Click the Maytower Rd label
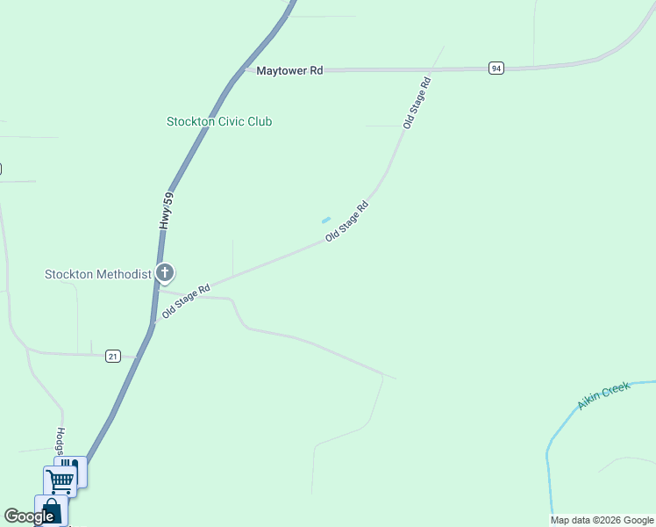(x=289, y=70)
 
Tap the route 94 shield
(x=496, y=68)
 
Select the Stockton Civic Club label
(x=219, y=121)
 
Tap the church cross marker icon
(x=164, y=272)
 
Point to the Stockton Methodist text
(x=98, y=274)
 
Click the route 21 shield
(x=112, y=356)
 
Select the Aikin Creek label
(x=603, y=396)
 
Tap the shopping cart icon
(x=59, y=480)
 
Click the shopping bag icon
(x=50, y=511)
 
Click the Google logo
(x=29, y=516)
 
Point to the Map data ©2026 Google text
(x=602, y=520)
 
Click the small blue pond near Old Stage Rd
(x=326, y=220)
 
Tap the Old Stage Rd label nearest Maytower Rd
(x=417, y=104)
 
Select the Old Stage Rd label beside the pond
(x=346, y=221)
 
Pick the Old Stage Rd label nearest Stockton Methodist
(x=186, y=300)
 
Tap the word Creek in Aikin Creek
(x=616, y=390)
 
